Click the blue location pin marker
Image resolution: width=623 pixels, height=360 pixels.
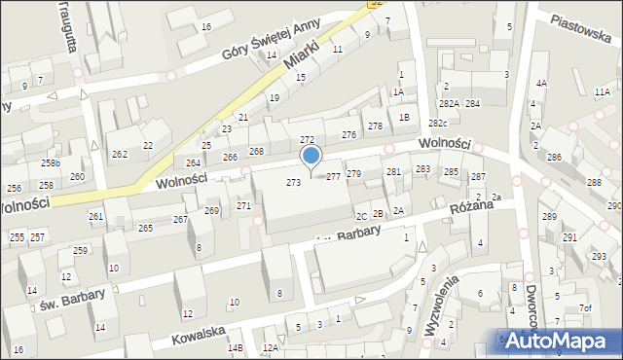click(311, 156)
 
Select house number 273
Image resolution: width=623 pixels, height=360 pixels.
click(292, 183)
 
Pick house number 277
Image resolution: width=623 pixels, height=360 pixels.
click(333, 176)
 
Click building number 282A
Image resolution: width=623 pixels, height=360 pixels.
click(448, 103)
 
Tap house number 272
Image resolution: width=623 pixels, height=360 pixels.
click(307, 140)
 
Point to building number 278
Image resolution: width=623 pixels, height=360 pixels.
click(375, 126)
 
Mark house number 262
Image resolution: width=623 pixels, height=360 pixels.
click(119, 154)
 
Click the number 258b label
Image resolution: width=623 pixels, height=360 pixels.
click(50, 162)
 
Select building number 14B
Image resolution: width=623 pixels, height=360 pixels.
click(235, 347)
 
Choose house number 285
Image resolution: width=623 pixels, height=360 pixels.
click(451, 171)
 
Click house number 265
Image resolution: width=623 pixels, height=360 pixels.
click(145, 228)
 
